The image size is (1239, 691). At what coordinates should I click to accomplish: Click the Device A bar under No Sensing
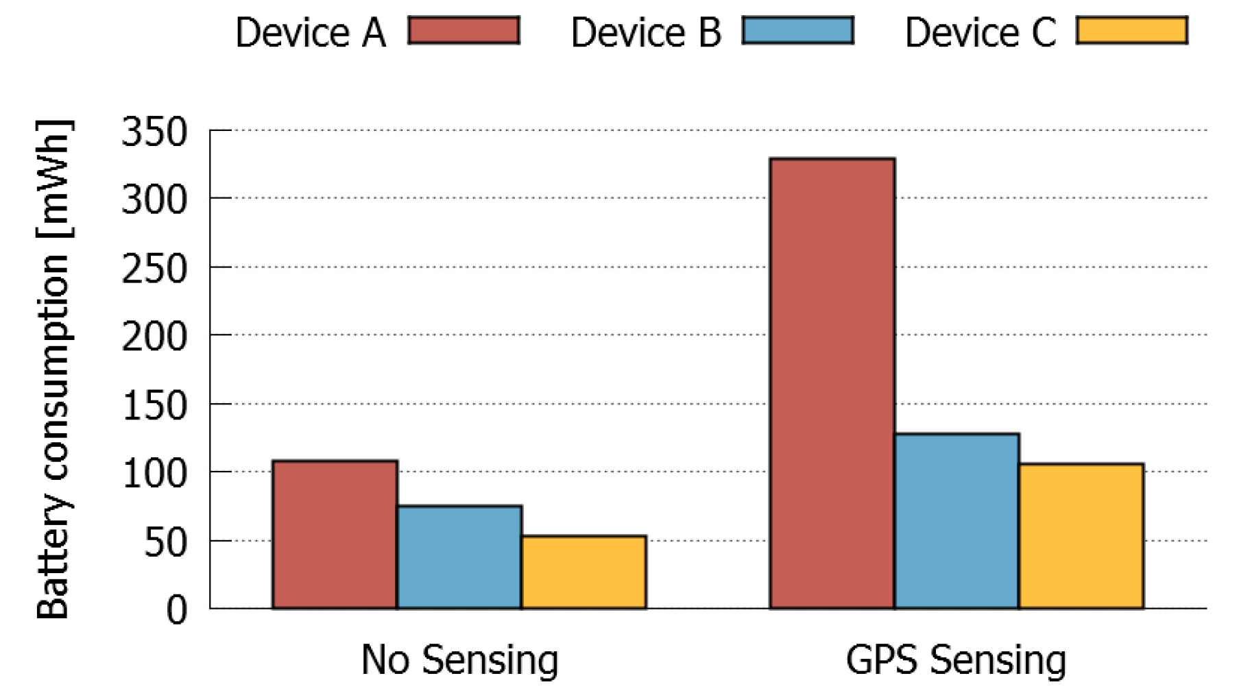335,535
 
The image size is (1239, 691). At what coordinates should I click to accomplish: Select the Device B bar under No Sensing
459,557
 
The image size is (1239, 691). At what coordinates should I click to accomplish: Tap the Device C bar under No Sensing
584,572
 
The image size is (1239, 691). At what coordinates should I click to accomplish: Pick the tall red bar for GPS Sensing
832,384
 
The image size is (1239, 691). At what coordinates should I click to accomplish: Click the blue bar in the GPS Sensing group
957,521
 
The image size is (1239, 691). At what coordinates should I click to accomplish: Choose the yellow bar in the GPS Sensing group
1081,536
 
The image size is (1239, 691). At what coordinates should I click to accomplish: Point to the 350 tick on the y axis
154,132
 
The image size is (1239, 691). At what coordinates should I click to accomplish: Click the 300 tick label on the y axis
154,200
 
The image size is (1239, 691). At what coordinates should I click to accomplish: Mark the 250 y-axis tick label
154,269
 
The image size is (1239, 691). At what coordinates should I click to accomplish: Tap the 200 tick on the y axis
154,337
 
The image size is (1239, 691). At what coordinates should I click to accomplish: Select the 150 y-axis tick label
154,405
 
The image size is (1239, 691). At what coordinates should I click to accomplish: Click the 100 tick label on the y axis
154,474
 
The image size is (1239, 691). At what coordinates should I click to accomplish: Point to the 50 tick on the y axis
165,542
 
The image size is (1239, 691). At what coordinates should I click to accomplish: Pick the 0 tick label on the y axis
176,609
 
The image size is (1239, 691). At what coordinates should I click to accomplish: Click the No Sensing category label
459,660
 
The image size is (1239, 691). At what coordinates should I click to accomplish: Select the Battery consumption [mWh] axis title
53,370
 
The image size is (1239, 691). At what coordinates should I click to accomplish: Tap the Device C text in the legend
980,33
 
